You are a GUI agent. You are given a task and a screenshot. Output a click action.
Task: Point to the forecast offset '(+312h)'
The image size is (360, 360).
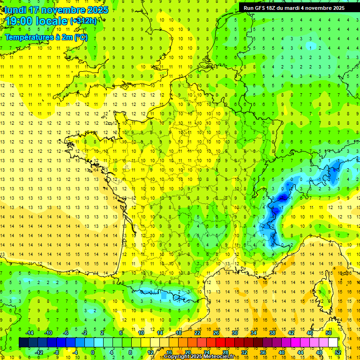point(83,21)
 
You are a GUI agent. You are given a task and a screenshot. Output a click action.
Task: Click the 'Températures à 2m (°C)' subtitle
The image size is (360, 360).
point(46,37)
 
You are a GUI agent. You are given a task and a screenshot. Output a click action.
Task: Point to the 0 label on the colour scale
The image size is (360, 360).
point(93,352)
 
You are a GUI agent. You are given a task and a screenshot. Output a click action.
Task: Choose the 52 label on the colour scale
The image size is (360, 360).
point(338,352)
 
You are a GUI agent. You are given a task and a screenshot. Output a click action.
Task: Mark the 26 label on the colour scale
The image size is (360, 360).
point(216,333)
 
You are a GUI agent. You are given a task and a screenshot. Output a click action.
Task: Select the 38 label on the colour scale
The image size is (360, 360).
point(272,333)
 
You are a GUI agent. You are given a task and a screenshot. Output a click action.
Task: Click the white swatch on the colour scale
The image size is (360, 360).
point(333,343)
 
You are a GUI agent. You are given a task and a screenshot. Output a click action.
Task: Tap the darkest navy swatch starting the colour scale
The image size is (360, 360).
point(23,343)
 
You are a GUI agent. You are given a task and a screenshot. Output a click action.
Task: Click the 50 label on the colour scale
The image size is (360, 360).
point(329,333)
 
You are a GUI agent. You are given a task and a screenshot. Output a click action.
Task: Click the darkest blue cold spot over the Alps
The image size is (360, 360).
point(282,198)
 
